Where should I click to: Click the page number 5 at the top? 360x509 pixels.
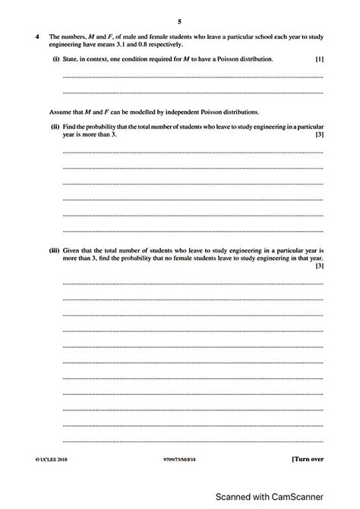179,21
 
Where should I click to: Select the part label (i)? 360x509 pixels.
56,58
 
